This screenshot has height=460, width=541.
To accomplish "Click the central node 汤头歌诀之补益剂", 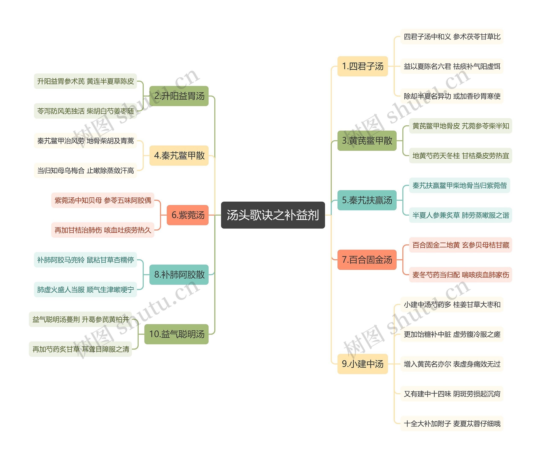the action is [273, 215].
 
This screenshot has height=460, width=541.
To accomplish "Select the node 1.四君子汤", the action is [362, 66].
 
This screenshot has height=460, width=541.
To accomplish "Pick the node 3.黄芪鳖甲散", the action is [367, 141].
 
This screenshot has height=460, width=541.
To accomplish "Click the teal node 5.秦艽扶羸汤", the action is [367, 200].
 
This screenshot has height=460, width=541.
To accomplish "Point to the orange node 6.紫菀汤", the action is [187, 215].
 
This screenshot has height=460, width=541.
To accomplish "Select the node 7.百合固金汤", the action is [367, 260].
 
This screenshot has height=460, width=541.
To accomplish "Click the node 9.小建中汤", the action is [362, 364].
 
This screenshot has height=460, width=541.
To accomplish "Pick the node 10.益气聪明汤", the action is [176, 334].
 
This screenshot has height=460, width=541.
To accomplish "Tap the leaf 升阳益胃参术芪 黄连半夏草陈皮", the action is [85, 81].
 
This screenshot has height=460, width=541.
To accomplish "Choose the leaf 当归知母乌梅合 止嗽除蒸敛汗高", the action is [85, 170].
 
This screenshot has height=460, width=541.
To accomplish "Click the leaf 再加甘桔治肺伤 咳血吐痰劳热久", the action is [103, 230].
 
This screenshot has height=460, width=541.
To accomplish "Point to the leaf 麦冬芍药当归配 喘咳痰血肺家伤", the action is [460, 275].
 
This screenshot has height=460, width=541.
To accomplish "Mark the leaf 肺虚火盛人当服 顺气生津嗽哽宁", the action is [85, 290].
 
